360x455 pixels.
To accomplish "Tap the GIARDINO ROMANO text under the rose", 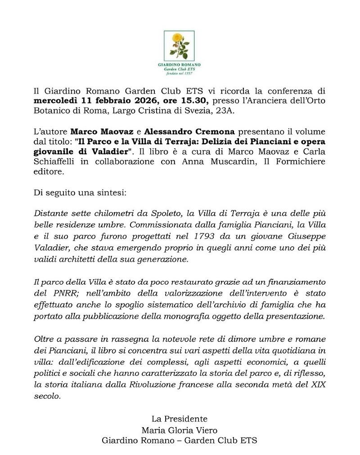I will pyautogui.click(x=179, y=65).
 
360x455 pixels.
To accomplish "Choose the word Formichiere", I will pyautogui.click(x=299, y=162).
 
